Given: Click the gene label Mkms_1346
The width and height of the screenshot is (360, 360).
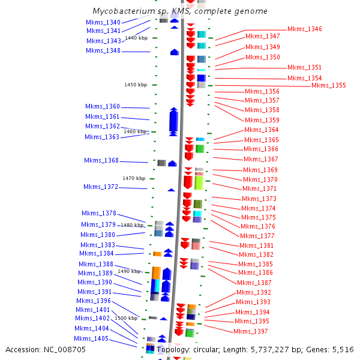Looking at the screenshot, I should (x=304, y=29).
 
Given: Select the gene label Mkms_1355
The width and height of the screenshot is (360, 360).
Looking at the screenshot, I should (x=328, y=86).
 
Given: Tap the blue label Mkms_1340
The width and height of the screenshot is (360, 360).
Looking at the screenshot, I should (x=103, y=22).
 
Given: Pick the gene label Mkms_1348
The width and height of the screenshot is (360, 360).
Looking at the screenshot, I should (x=103, y=51).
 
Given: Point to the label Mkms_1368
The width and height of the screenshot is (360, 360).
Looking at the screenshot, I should (x=101, y=161).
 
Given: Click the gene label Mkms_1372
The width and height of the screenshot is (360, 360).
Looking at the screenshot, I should (x=101, y=187).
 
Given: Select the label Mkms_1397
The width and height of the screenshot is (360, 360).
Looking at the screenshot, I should (x=251, y=332).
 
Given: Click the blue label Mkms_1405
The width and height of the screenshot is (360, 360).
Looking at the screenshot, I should (x=91, y=339).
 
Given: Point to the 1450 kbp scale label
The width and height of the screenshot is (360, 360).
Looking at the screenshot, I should (x=136, y=85).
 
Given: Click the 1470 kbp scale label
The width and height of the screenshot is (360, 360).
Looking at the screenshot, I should (x=134, y=178).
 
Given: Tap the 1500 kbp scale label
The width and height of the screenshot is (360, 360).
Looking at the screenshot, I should (x=126, y=318).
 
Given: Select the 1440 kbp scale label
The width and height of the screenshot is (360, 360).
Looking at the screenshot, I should (x=136, y=38).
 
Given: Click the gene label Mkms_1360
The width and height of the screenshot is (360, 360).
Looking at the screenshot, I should (x=103, y=107).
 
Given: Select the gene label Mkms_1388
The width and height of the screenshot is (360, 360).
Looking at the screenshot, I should (x=95, y=265).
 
